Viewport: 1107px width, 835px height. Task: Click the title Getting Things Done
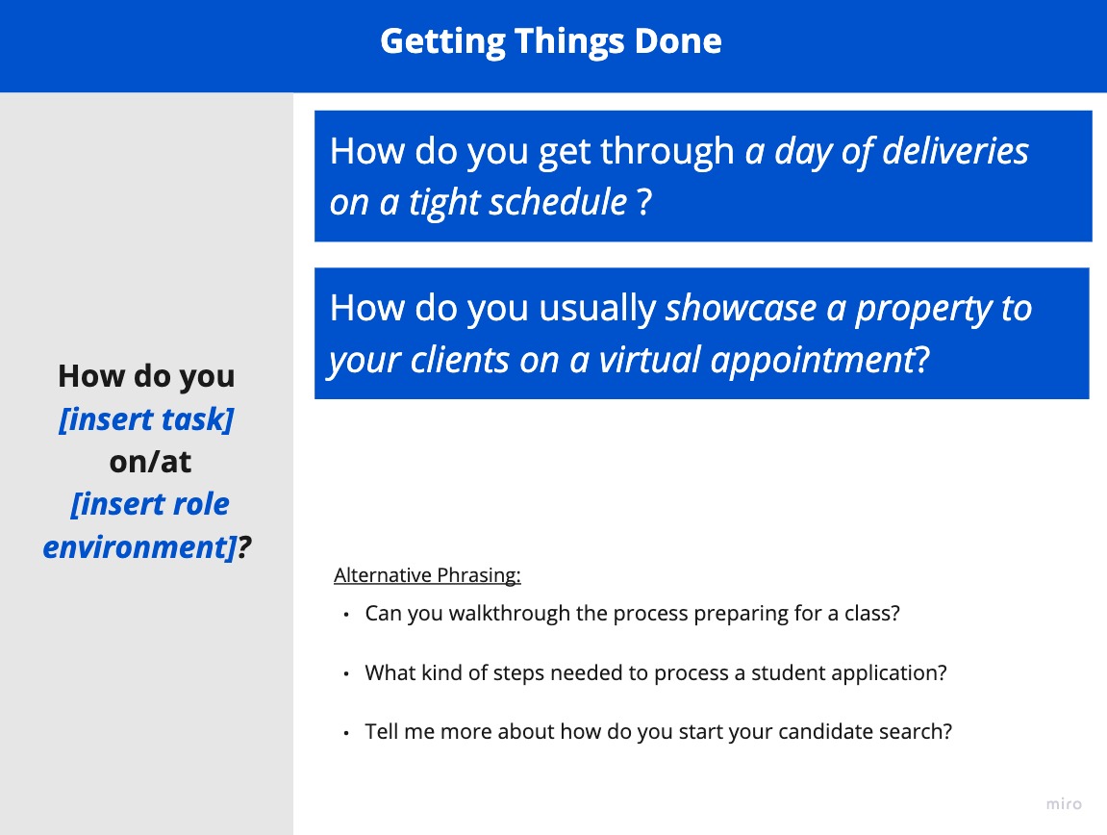pos(551,41)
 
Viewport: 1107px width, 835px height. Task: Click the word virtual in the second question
pos(649,360)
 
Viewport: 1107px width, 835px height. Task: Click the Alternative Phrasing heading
pos(427,575)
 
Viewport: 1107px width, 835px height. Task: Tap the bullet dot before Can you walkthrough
pos(346,616)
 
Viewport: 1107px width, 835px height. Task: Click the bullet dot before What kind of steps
pos(346,674)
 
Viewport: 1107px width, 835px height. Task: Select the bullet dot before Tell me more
pos(346,733)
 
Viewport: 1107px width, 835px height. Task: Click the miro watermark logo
pos(1064,804)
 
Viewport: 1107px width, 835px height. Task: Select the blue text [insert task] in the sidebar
pos(146,419)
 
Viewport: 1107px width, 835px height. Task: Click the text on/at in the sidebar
pos(150,462)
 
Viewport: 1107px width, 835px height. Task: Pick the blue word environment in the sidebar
pos(138,547)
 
